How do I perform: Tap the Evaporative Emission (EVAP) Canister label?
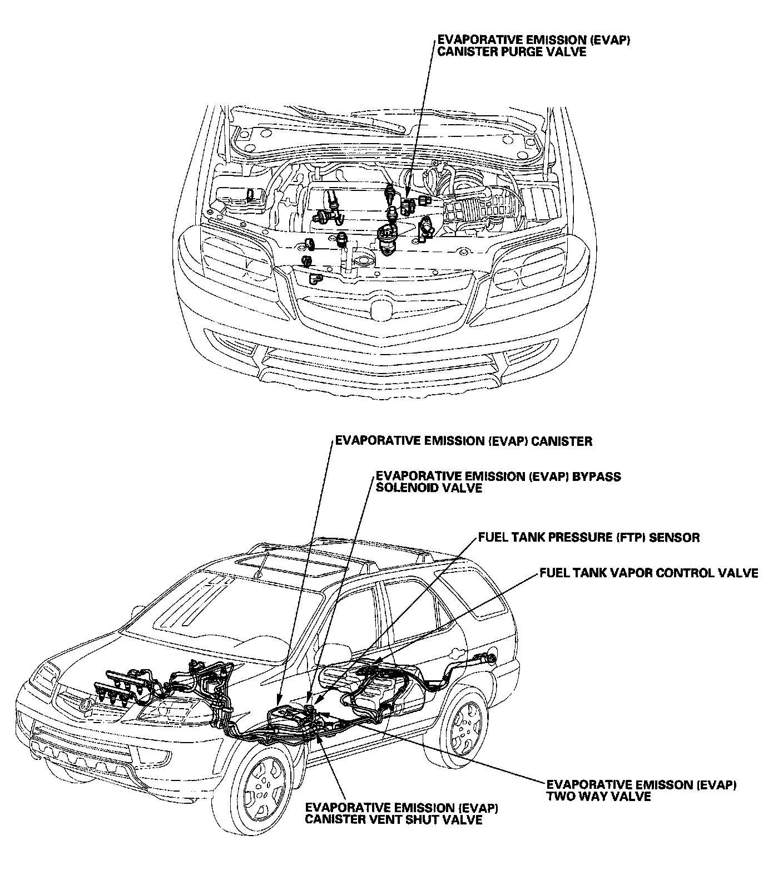click(463, 441)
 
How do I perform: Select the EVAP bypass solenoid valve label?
click(498, 482)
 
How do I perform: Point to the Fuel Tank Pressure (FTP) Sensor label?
click(588, 538)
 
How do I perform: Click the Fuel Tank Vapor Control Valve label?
click(648, 573)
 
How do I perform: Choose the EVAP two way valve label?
click(641, 790)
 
